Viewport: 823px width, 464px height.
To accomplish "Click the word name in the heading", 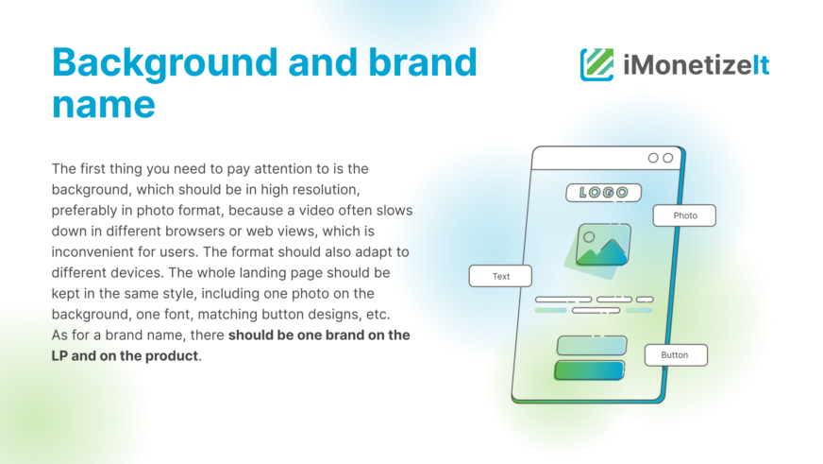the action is coord(104,105).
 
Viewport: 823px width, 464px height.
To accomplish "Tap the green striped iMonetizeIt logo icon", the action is coord(596,64).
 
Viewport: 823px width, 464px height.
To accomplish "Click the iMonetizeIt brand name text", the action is coord(696,65).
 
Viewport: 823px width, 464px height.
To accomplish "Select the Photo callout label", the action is coord(684,215).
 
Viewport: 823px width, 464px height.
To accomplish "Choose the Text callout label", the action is coord(500,276).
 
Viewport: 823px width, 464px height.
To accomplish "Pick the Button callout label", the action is coord(676,355).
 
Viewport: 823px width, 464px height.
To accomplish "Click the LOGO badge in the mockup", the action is coord(604,193).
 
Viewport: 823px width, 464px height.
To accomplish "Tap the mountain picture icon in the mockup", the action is coord(602,245).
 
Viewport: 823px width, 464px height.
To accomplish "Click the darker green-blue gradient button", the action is coord(589,369).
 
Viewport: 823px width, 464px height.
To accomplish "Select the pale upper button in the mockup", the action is coord(592,345).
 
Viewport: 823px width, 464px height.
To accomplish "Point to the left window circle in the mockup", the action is coord(653,158).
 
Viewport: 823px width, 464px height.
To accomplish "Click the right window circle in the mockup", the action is coord(667,158).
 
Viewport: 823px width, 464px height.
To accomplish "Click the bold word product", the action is coord(171,356).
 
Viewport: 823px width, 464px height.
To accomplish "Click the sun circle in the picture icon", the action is coord(589,237).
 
